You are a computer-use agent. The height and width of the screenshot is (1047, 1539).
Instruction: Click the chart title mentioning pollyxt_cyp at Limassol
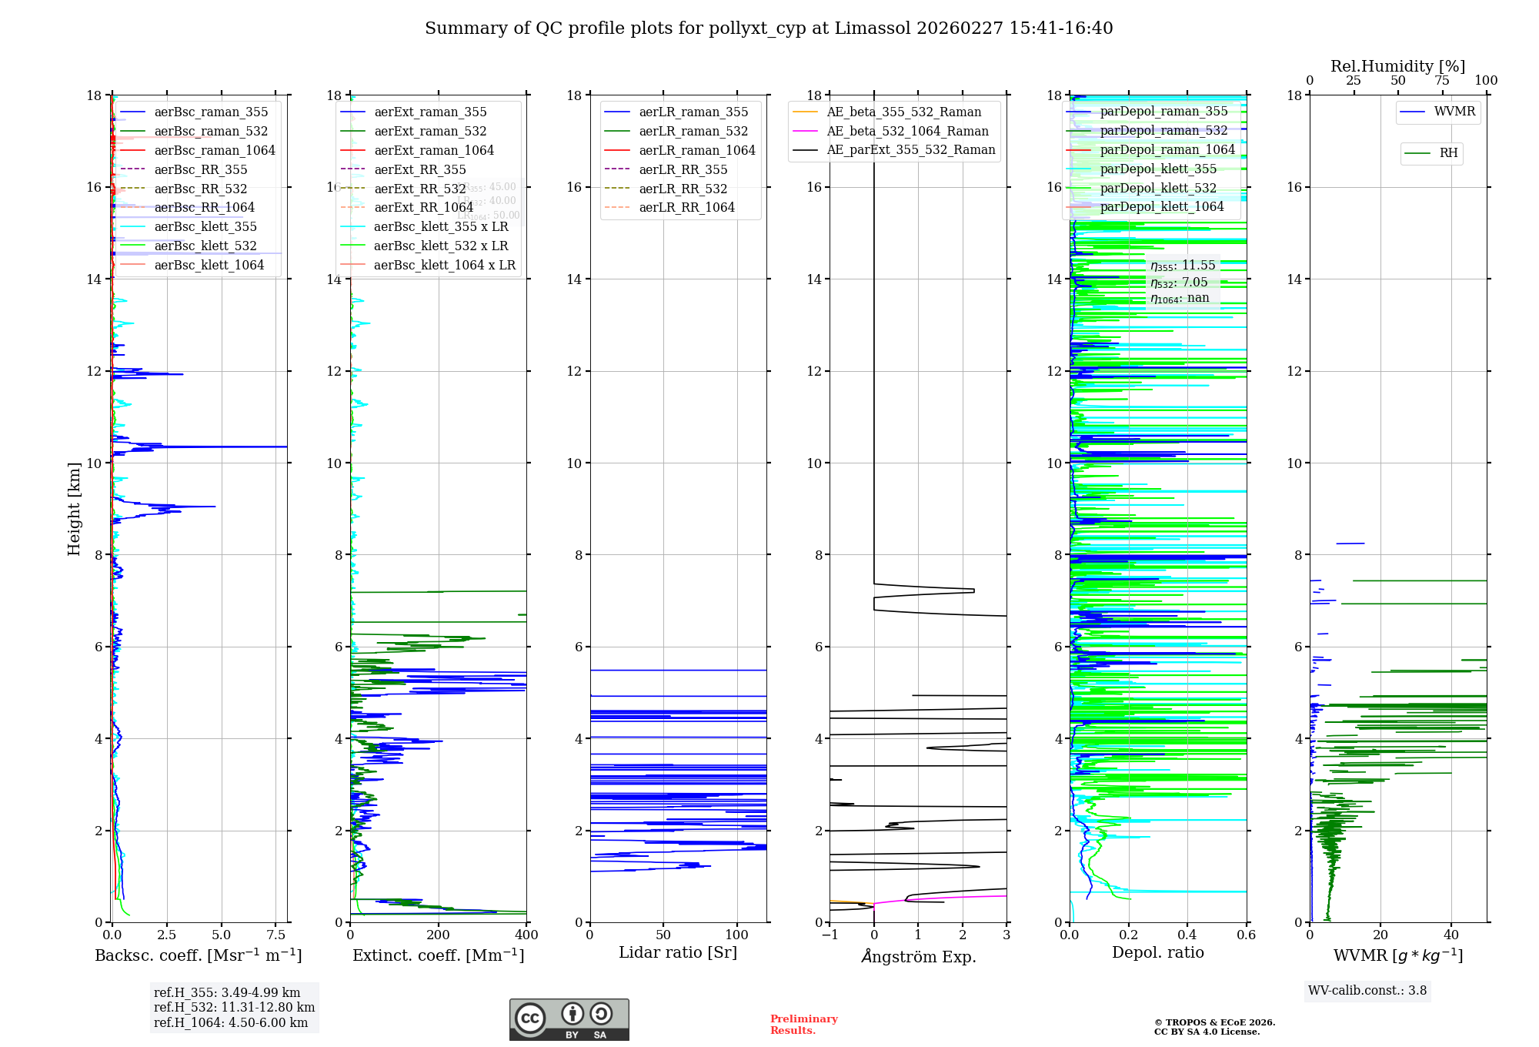(x=769, y=28)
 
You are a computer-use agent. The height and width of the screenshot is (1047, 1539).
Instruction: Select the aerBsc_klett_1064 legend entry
(x=209, y=265)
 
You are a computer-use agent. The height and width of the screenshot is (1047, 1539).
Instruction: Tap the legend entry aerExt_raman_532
(x=430, y=131)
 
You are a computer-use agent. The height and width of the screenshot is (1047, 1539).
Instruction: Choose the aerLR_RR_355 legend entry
(x=683, y=169)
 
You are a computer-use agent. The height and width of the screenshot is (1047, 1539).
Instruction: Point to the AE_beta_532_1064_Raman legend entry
(x=907, y=131)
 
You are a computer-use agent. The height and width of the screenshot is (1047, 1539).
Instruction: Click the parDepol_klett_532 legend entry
(x=1158, y=188)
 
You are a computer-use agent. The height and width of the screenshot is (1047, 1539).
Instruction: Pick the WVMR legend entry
(x=1454, y=112)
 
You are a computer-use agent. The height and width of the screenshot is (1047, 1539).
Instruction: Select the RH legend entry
(x=1448, y=153)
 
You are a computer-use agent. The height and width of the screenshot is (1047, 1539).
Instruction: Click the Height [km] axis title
(x=74, y=508)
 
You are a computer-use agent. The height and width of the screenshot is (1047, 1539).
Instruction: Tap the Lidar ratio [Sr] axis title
(x=678, y=952)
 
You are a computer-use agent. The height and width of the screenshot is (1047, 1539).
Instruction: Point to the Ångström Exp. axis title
(x=918, y=956)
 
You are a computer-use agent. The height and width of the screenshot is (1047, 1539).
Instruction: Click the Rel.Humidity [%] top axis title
(x=1397, y=66)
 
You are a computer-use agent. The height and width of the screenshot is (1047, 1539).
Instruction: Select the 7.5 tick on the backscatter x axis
(x=276, y=935)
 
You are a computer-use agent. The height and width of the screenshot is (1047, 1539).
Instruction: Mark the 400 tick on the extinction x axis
(x=526, y=935)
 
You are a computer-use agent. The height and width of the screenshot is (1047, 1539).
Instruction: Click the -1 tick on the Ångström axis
(x=830, y=935)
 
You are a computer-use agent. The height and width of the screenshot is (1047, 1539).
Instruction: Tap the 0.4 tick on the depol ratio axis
(x=1187, y=935)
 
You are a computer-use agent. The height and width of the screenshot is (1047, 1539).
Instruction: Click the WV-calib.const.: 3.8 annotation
(x=1367, y=991)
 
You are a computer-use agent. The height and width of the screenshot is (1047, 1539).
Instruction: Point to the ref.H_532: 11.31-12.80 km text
(x=234, y=1008)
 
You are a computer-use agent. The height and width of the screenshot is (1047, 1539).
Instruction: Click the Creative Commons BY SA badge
(x=569, y=1019)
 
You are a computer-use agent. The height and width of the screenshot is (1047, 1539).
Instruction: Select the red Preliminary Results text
(x=803, y=1025)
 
